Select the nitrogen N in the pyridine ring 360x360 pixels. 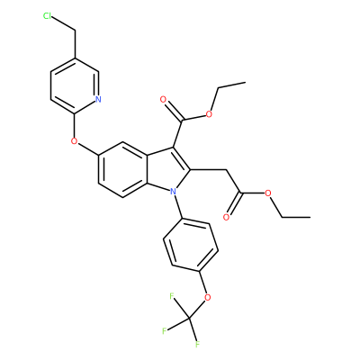coord(98,99)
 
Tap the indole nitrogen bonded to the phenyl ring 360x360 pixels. coord(173,191)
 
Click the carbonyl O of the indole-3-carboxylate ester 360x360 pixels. coord(163,100)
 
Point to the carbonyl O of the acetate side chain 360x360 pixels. coord(227,216)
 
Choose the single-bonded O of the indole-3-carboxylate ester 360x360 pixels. coord(209,113)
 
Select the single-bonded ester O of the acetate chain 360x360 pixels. coord(268,193)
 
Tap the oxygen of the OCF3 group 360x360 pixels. coord(207,298)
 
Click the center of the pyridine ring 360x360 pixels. coord(75,85)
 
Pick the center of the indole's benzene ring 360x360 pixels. coord(123,170)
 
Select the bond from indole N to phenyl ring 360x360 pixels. coord(177,207)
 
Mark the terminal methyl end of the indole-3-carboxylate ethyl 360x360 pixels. coord(246,82)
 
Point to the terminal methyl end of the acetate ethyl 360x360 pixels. coord(310,216)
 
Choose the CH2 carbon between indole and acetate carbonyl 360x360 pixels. coord(226,170)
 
